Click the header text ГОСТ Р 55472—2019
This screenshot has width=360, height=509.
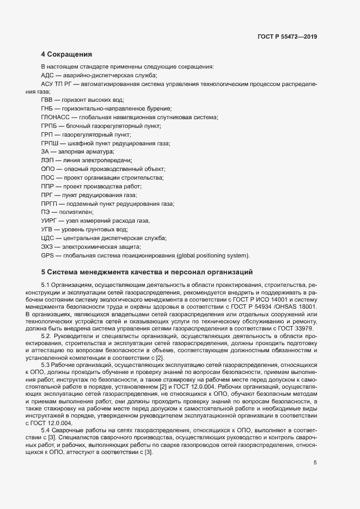pyautogui.click(x=286, y=38)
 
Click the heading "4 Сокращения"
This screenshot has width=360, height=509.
pyautogui.click(x=66, y=54)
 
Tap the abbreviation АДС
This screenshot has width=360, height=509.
pyautogui.click(x=47, y=75)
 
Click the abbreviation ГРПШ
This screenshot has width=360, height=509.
pyautogui.click(x=50, y=143)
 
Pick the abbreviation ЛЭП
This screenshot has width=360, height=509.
pyautogui.click(x=47, y=161)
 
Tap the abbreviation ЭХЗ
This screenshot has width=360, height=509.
pyautogui.click(x=47, y=247)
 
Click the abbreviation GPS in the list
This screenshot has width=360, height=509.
pyautogui.click(x=48, y=255)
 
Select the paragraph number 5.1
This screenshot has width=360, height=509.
pyautogui.click(x=46, y=285)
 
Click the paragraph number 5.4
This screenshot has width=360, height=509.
pyautogui.click(x=46, y=415)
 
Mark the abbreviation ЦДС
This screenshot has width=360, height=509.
pyautogui.click(x=47, y=238)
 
